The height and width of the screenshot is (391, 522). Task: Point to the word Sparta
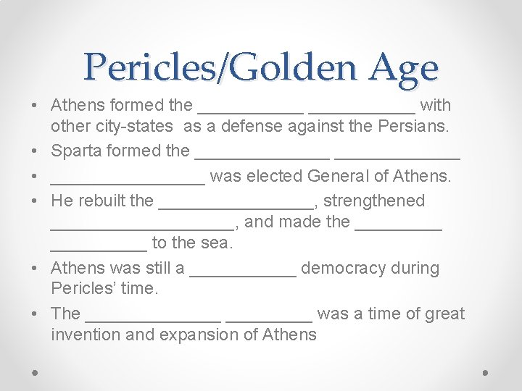(x=76, y=151)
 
